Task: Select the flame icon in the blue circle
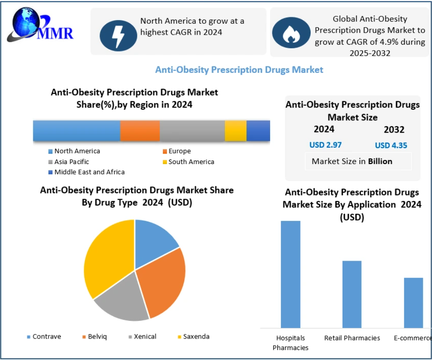tap(291, 33)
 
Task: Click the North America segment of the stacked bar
tap(76, 131)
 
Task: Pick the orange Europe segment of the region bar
tap(140, 131)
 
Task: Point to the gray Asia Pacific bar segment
tap(192, 131)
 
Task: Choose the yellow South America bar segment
tap(235, 131)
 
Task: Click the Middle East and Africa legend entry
tap(87, 172)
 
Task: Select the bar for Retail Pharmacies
tap(352, 294)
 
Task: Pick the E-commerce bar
tap(413, 303)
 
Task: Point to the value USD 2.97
tap(325, 145)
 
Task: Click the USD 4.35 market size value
tap(391, 146)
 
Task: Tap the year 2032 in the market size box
tap(394, 130)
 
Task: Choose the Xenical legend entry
tap(142, 337)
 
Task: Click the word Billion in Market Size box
tap(380, 161)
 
